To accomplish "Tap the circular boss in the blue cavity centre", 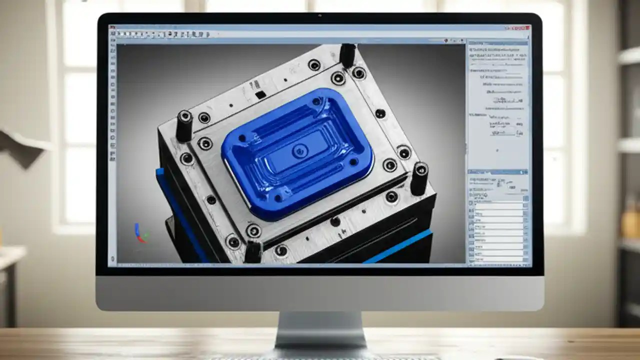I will pos(299,150).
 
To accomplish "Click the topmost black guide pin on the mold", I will pos(347,55).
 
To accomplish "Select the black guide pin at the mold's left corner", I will pos(184,125).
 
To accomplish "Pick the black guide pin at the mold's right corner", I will pos(419,178).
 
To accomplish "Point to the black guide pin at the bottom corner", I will pos(253,251).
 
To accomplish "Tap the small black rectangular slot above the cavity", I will pos(260,94).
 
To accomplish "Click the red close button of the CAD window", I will pos(524,28).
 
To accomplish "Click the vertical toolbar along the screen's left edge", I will pos(112,145).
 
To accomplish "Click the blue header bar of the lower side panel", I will pos(497,171).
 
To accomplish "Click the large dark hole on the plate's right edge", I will pos(380,113).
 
